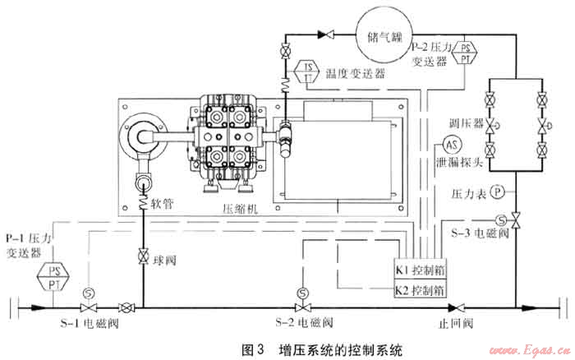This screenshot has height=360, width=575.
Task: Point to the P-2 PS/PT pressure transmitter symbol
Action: (466, 53)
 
